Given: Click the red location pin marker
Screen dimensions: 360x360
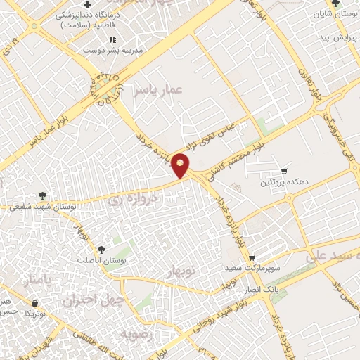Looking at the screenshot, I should pos(181,165).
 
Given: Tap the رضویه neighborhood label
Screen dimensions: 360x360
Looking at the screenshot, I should pos(137,333).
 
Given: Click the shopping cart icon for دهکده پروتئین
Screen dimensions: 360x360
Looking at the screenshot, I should pos(284,171).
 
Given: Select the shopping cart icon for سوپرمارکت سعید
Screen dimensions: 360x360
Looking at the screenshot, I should pos(251,258).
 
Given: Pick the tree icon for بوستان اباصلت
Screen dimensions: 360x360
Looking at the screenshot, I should pos(102,249).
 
